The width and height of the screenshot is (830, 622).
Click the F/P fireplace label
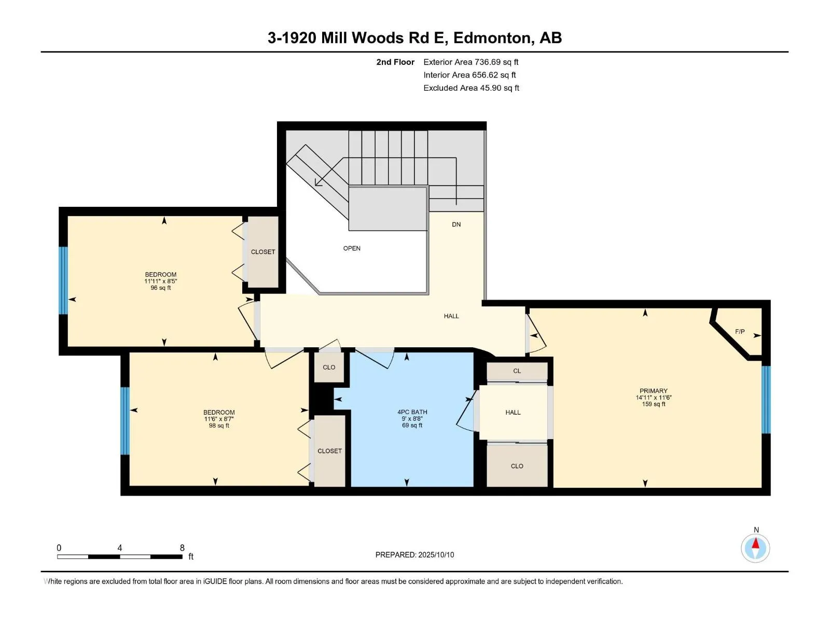[740, 332]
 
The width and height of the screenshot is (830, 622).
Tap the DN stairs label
[456, 224]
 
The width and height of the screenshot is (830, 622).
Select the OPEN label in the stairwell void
[351, 248]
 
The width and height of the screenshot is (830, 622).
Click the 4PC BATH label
[412, 412]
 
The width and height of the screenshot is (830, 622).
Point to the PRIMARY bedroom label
[654, 391]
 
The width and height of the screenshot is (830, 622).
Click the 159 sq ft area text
[654, 404]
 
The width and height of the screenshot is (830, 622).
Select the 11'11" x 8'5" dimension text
[160, 281]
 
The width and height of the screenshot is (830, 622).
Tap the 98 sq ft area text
[219, 426]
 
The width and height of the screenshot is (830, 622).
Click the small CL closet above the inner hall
[517, 371]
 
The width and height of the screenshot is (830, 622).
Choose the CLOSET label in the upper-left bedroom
[263, 252]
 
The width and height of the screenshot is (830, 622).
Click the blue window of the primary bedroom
[765, 400]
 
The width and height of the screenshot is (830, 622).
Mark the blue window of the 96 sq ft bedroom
[63, 280]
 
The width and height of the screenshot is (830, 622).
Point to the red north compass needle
[755, 543]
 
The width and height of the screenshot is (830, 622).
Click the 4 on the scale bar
[119, 548]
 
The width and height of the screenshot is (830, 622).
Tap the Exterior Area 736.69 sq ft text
[471, 62]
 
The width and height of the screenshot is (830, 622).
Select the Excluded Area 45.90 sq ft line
[471, 88]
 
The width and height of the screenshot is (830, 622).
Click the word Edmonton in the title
[493, 38]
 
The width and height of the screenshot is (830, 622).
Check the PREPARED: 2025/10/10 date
[414, 555]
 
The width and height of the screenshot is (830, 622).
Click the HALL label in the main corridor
[451, 316]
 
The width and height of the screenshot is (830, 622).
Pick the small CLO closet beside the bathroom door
[328, 367]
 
